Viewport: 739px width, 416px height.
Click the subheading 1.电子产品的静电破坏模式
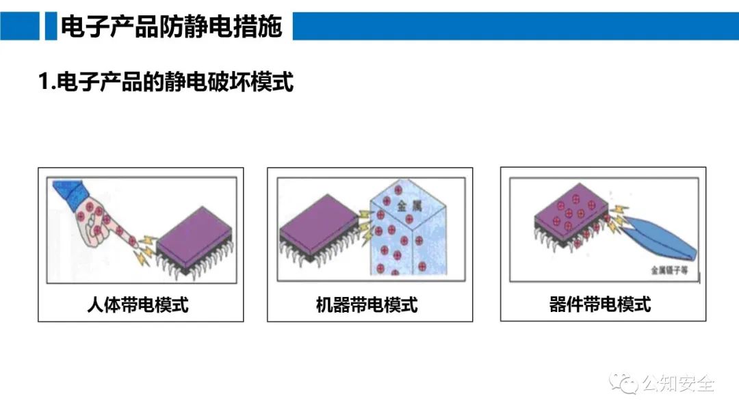166,82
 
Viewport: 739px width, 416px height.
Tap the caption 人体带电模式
138,304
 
